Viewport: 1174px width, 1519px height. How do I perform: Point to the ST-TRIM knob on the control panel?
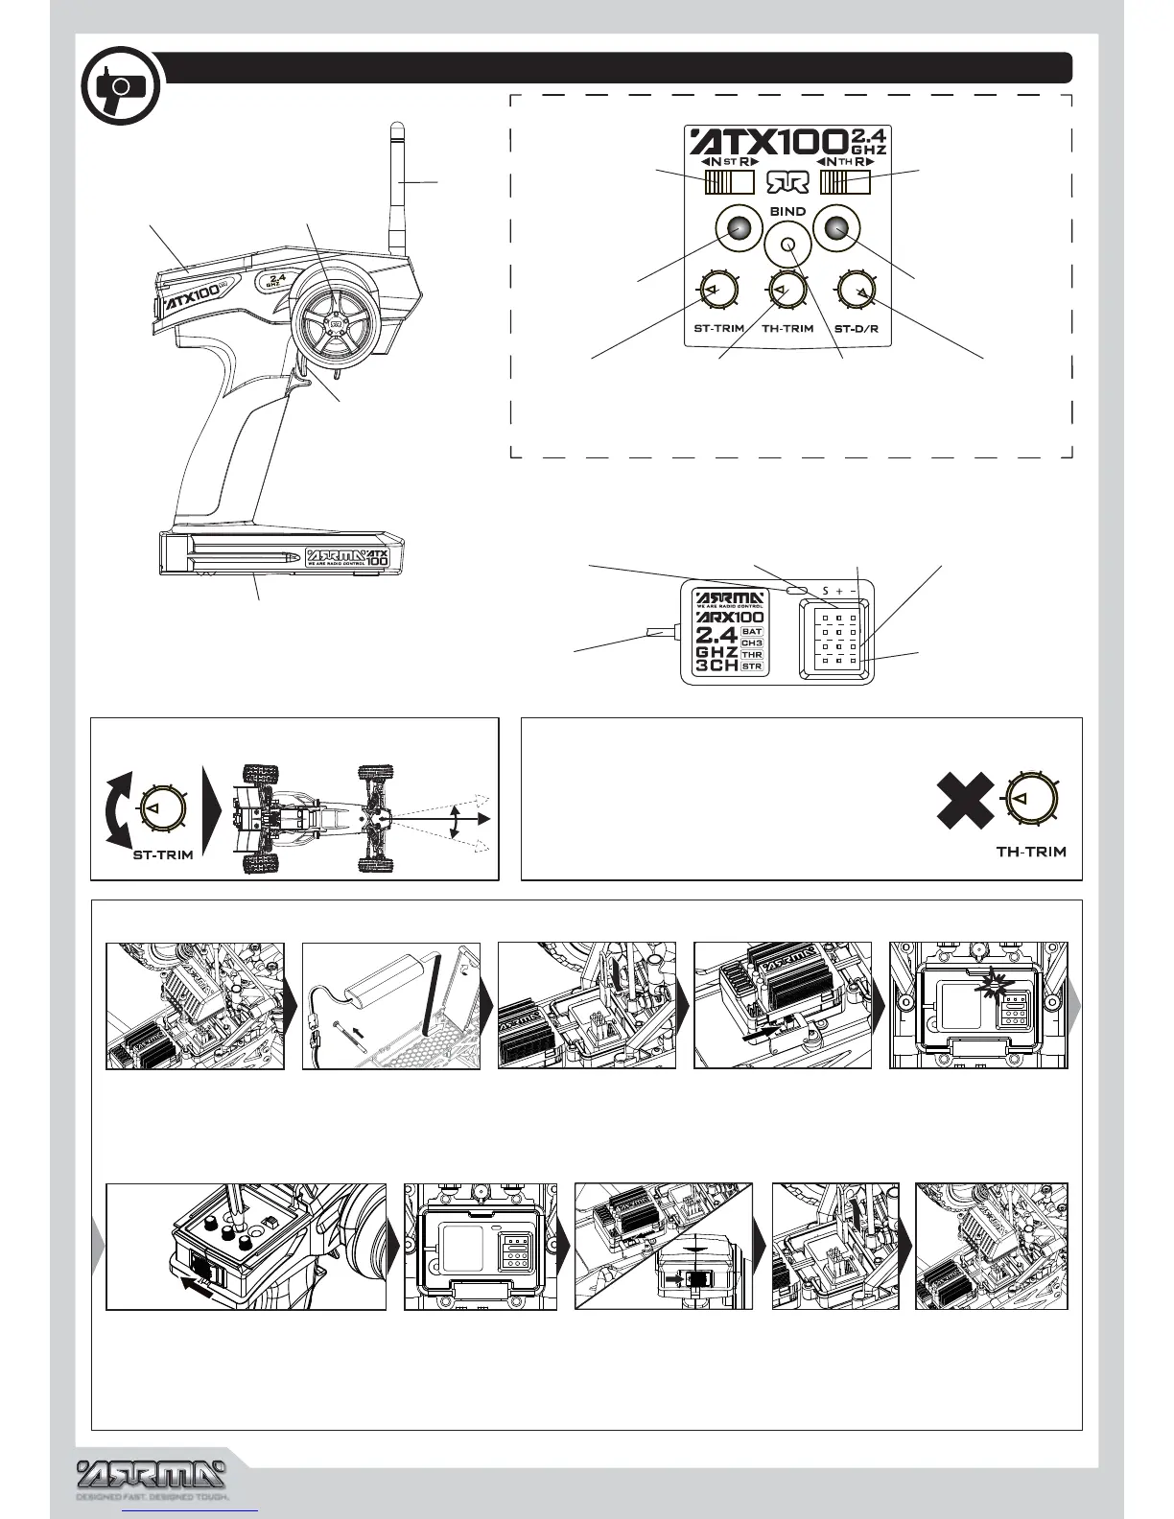tap(713, 292)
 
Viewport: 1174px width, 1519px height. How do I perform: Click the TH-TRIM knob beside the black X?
tap(1028, 797)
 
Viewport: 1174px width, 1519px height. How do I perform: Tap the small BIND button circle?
tap(787, 245)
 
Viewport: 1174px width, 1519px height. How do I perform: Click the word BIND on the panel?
tap(787, 211)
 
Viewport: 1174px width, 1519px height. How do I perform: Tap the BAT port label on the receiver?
tap(752, 632)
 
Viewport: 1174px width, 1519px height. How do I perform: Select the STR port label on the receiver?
tap(752, 666)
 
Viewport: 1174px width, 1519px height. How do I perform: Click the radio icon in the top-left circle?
tap(120, 88)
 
